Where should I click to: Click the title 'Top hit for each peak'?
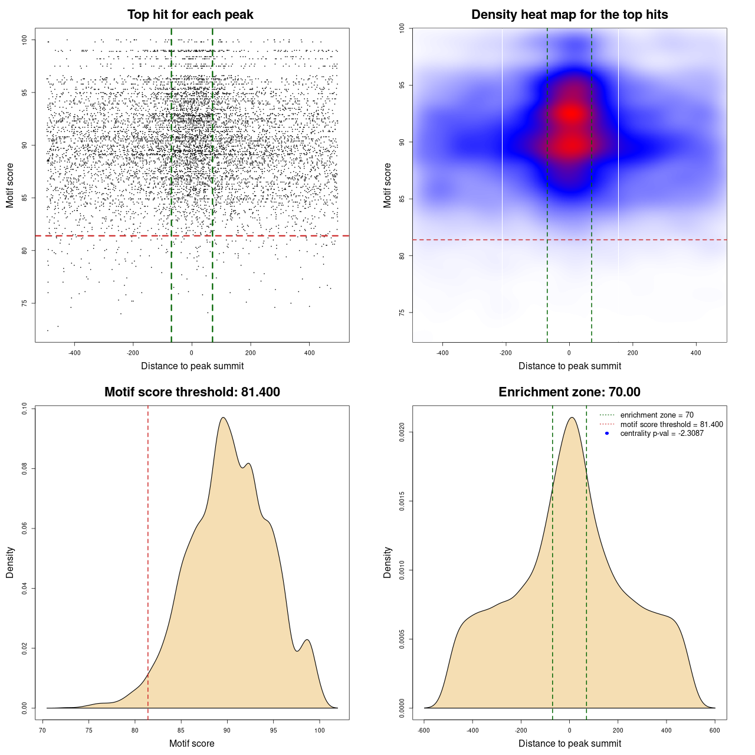pyautogui.click(x=190, y=15)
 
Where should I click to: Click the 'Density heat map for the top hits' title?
pyautogui.click(x=569, y=15)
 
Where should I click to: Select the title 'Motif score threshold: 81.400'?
pyautogui.click(x=192, y=392)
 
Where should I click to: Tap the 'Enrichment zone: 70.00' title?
pyautogui.click(x=569, y=392)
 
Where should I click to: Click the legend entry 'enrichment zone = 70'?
pyautogui.click(x=656, y=415)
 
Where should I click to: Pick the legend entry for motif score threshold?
pyautogui.click(x=671, y=424)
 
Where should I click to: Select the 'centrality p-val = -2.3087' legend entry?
pyautogui.click(x=662, y=434)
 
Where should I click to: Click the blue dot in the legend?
pyautogui.click(x=607, y=434)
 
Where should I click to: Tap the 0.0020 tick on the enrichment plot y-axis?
pyautogui.click(x=402, y=432)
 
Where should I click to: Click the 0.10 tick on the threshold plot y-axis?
pyautogui.click(x=24, y=409)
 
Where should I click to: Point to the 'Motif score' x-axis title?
pyautogui.click(x=192, y=743)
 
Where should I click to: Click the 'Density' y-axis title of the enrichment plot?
pyautogui.click(x=388, y=562)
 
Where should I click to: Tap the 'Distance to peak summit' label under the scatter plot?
pyautogui.click(x=192, y=366)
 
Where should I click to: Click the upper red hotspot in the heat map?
pyautogui.click(x=570, y=113)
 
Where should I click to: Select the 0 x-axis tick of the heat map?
pyautogui.click(x=569, y=353)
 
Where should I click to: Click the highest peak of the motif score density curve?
pyautogui.click(x=223, y=418)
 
